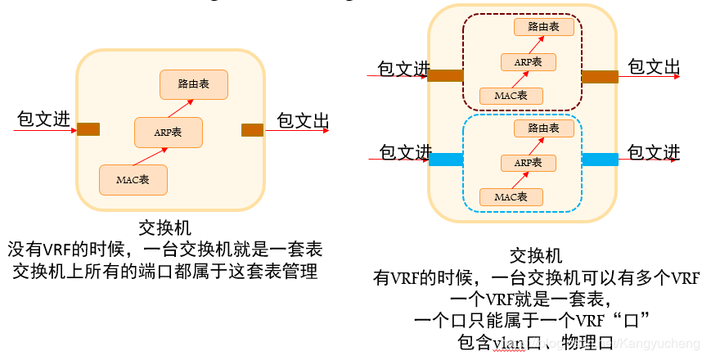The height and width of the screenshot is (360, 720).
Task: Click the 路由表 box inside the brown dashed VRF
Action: pyautogui.click(x=543, y=27)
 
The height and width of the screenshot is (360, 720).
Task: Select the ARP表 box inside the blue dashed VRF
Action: pyautogui.click(x=528, y=163)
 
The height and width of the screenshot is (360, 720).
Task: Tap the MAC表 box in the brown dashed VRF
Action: pyautogui.click(x=511, y=96)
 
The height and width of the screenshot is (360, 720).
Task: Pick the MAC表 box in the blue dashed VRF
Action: pyautogui.click(x=511, y=197)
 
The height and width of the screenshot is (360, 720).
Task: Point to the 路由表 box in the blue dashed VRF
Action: pyautogui.click(x=543, y=128)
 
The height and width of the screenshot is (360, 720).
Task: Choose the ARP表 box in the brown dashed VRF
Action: pyautogui.click(x=528, y=62)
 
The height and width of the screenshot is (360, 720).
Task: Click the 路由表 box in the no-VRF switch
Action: pyautogui.click(x=193, y=84)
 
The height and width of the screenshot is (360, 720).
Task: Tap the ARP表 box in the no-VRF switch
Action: pyautogui.click(x=168, y=132)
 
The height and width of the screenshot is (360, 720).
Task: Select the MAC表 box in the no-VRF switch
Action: pyautogui.click(x=133, y=179)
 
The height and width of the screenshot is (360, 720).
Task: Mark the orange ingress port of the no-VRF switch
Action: pyautogui.click(x=88, y=129)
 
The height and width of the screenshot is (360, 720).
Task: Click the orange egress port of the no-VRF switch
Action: pyautogui.click(x=252, y=129)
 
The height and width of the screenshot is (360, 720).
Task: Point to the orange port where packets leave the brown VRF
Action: pyautogui.click(x=600, y=77)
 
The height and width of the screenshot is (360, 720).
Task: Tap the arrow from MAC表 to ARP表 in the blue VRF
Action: pyautogui.click(x=518, y=180)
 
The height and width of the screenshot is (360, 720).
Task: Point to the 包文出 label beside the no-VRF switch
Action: pyautogui.click(x=303, y=121)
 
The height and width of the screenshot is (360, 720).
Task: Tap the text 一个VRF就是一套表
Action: pyautogui.click(x=536, y=298)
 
